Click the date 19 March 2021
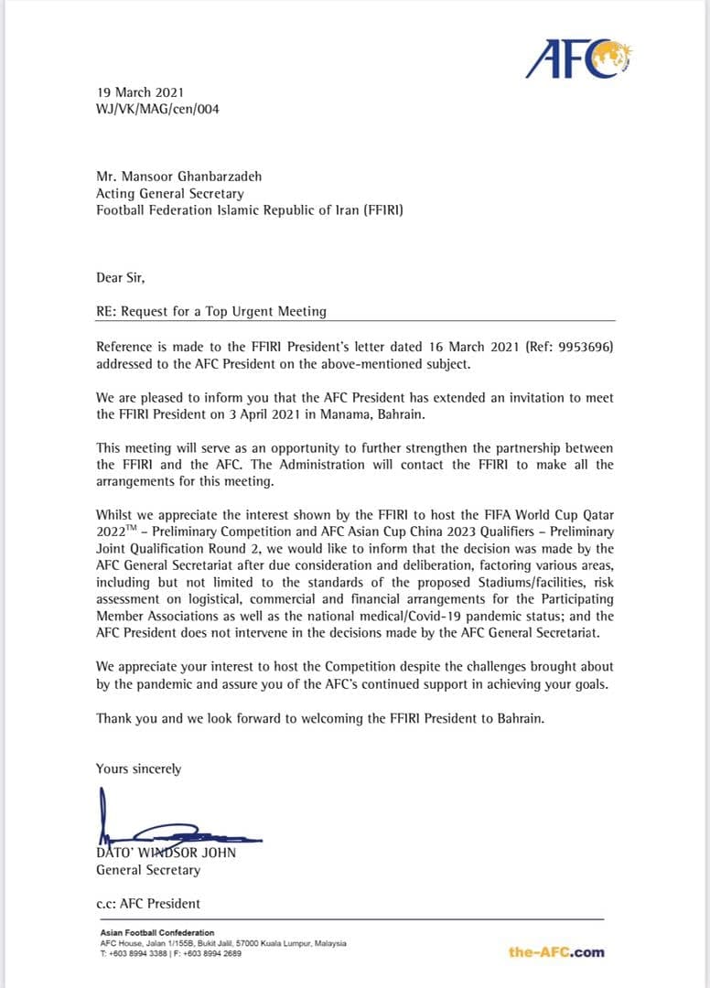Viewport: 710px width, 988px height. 140,92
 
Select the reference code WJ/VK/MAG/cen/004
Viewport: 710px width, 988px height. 157,110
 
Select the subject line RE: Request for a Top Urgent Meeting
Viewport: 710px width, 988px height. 211,311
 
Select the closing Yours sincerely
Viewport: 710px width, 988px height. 139,769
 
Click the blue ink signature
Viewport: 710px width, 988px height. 174,827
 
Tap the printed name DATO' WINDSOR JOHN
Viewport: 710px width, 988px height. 166,853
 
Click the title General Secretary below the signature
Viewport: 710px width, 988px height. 147,870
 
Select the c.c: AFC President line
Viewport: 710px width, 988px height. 148,904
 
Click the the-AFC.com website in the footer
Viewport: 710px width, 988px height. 556,952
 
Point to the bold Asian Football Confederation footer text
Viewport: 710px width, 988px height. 157,933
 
